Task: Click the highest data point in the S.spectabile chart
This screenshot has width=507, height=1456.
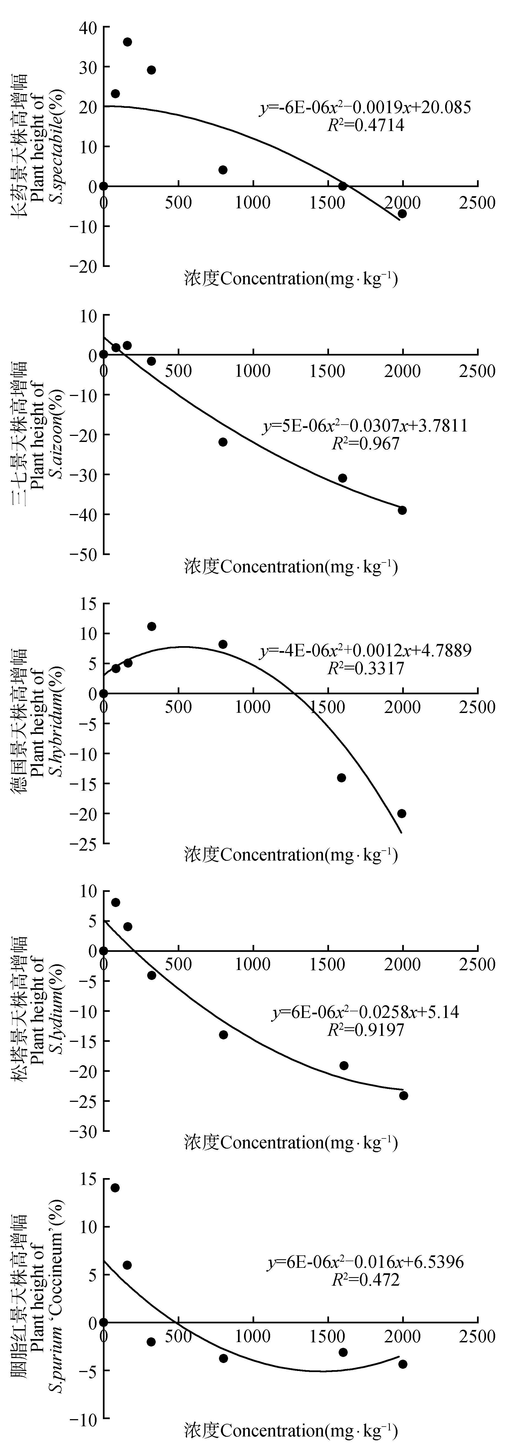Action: (127, 42)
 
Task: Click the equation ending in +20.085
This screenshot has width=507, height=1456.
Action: (365, 107)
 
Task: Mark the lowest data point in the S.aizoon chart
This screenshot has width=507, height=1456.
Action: (402, 510)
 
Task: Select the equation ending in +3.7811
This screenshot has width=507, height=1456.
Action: (365, 426)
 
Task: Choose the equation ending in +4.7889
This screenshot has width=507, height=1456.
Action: (365, 651)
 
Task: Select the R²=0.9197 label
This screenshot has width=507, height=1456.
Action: (366, 1030)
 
